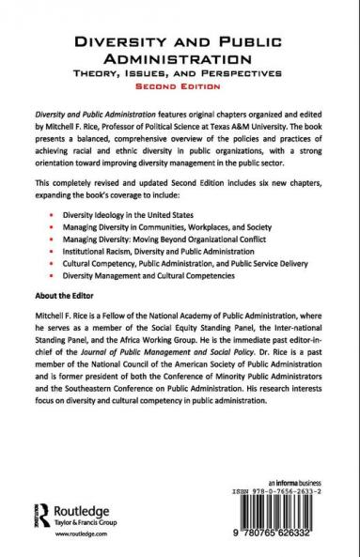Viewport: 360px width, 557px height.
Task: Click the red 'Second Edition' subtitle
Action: (x=180, y=83)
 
